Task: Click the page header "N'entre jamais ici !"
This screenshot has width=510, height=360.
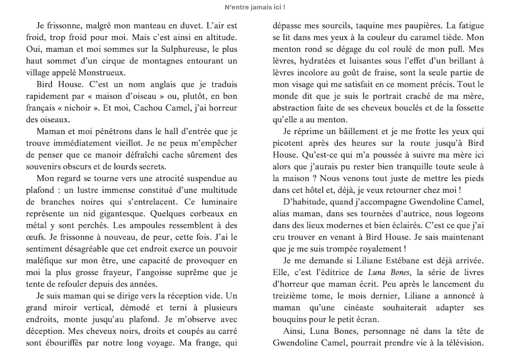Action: pos(255,7)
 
